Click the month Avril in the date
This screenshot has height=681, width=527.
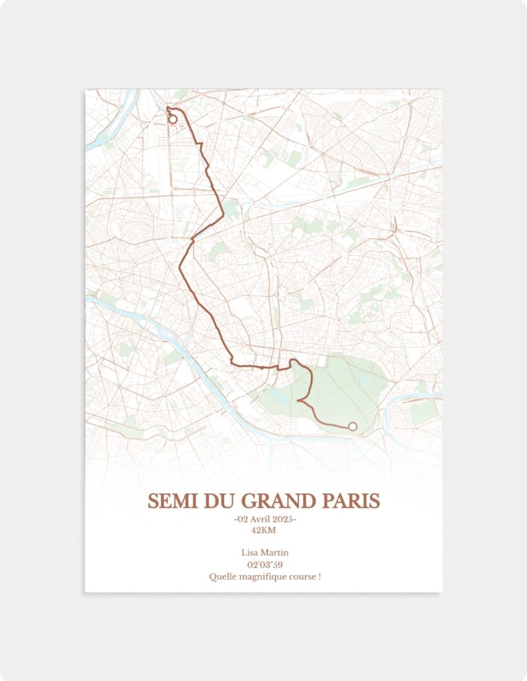(260, 519)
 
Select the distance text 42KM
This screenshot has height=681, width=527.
(263, 530)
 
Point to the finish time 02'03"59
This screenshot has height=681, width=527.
(264, 565)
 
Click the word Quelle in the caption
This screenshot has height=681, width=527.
(221, 577)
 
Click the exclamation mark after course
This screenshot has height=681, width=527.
(319, 577)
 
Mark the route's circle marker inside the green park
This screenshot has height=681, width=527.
(353, 426)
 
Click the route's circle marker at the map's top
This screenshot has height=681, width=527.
(173, 120)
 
